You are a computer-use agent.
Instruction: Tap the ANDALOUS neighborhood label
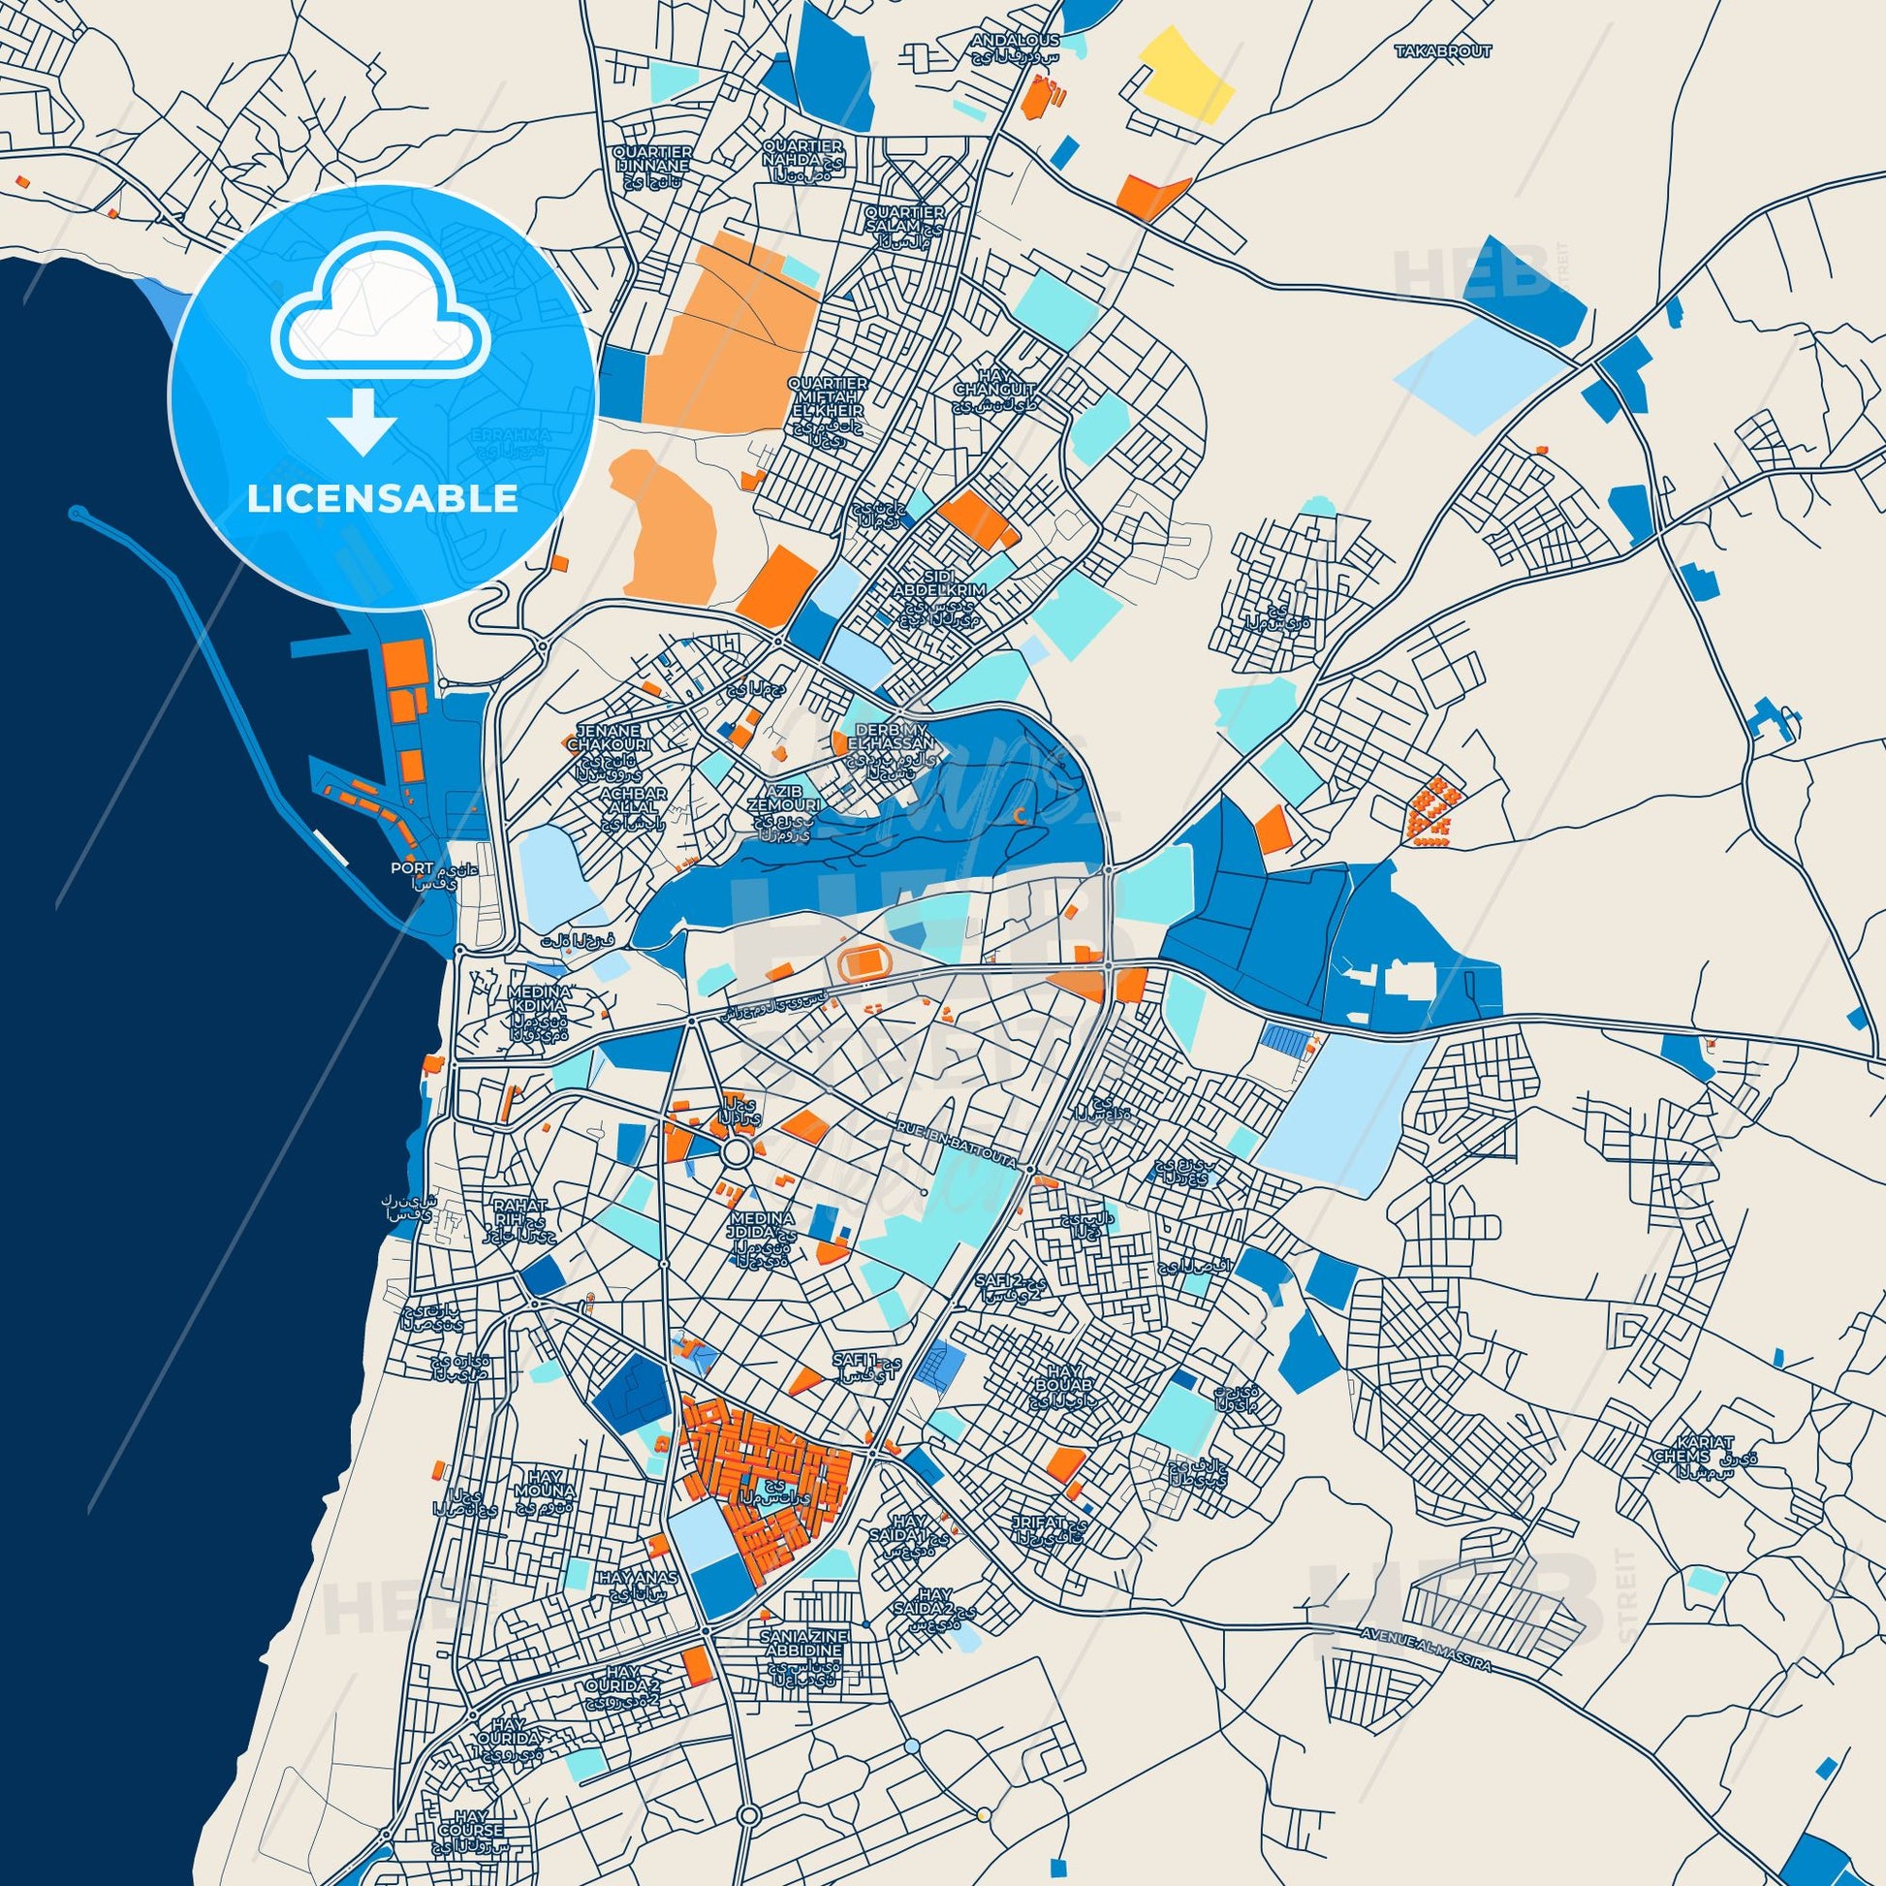(1001, 41)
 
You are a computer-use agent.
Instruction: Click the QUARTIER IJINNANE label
(653, 159)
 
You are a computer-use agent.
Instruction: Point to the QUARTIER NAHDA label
(802, 152)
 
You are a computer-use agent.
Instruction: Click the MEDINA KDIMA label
(540, 997)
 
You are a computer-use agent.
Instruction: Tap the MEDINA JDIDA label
(762, 1226)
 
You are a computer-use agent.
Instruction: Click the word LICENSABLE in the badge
(383, 499)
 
